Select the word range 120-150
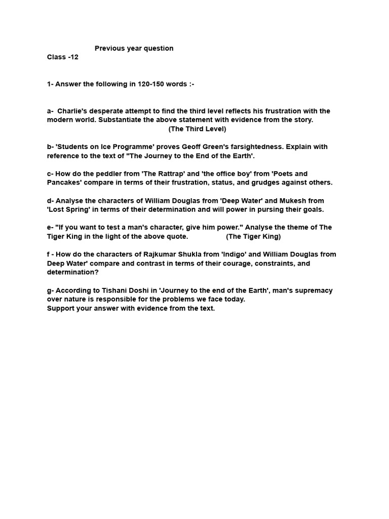pos(149,84)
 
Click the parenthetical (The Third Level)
pos(198,129)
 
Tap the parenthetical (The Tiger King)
pos(253,237)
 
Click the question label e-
pos(50,228)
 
